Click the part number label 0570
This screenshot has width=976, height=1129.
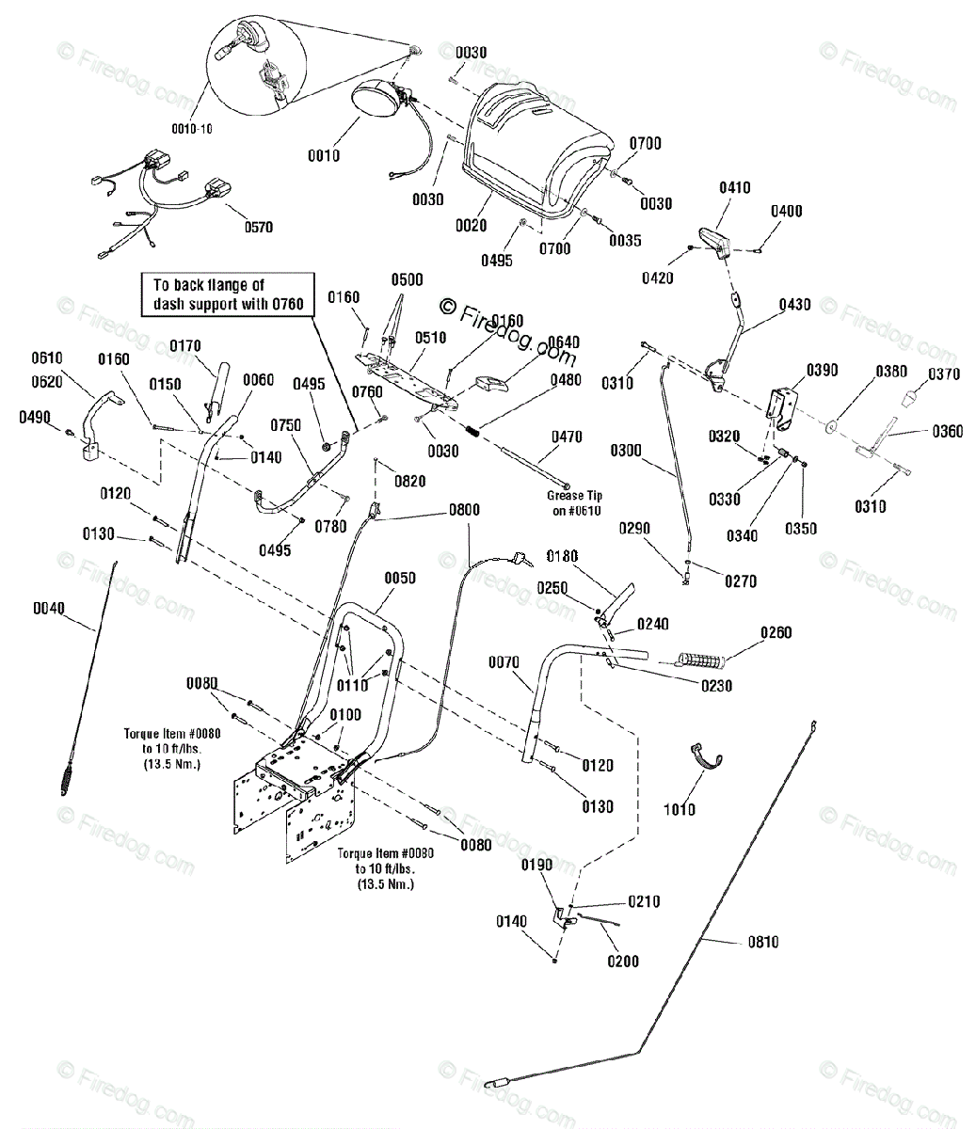[x=259, y=227]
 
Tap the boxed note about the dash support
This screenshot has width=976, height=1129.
[x=228, y=294]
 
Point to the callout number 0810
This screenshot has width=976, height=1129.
[x=763, y=942]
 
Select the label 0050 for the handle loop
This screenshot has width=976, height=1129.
[x=400, y=578]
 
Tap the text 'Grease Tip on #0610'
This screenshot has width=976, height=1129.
[x=575, y=503]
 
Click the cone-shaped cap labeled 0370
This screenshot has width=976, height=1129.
[x=909, y=398]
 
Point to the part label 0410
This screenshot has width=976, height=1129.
[x=735, y=187]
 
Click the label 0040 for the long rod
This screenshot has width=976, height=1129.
[x=49, y=608]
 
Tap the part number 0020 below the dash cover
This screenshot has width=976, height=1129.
[x=472, y=225]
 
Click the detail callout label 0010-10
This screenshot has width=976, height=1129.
[x=192, y=129]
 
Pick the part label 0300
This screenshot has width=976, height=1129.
[x=626, y=450]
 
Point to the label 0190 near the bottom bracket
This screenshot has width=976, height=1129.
[x=536, y=865]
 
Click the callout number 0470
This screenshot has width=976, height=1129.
[x=567, y=437]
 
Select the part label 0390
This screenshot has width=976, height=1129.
[x=823, y=370]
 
